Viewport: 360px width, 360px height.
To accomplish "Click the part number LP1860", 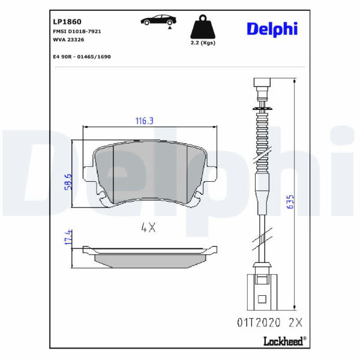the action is pyautogui.click(x=67, y=22).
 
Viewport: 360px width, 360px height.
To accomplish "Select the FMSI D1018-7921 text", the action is pyautogui.click(x=77, y=31).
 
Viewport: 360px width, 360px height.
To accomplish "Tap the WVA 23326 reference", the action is pyautogui.click(x=68, y=40).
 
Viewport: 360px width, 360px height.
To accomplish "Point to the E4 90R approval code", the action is pyautogui.click(x=82, y=57).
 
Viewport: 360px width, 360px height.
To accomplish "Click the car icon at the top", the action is pyautogui.click(x=158, y=20).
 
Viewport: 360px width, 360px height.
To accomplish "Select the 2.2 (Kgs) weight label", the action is pyautogui.click(x=203, y=43).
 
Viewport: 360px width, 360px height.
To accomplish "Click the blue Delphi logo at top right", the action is pyautogui.click(x=272, y=29).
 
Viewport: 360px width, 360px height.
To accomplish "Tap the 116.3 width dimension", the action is pyautogui.click(x=145, y=121).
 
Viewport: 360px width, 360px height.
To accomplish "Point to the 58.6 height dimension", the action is pyautogui.click(x=68, y=182).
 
